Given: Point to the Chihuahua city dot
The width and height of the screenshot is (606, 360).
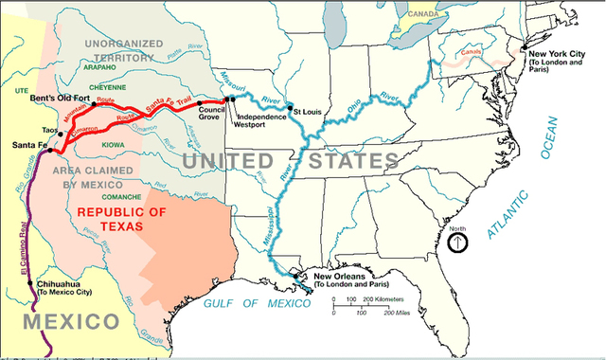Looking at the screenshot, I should tap(31, 283).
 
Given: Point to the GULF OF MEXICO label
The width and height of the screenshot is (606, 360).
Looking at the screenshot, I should tap(257, 304).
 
